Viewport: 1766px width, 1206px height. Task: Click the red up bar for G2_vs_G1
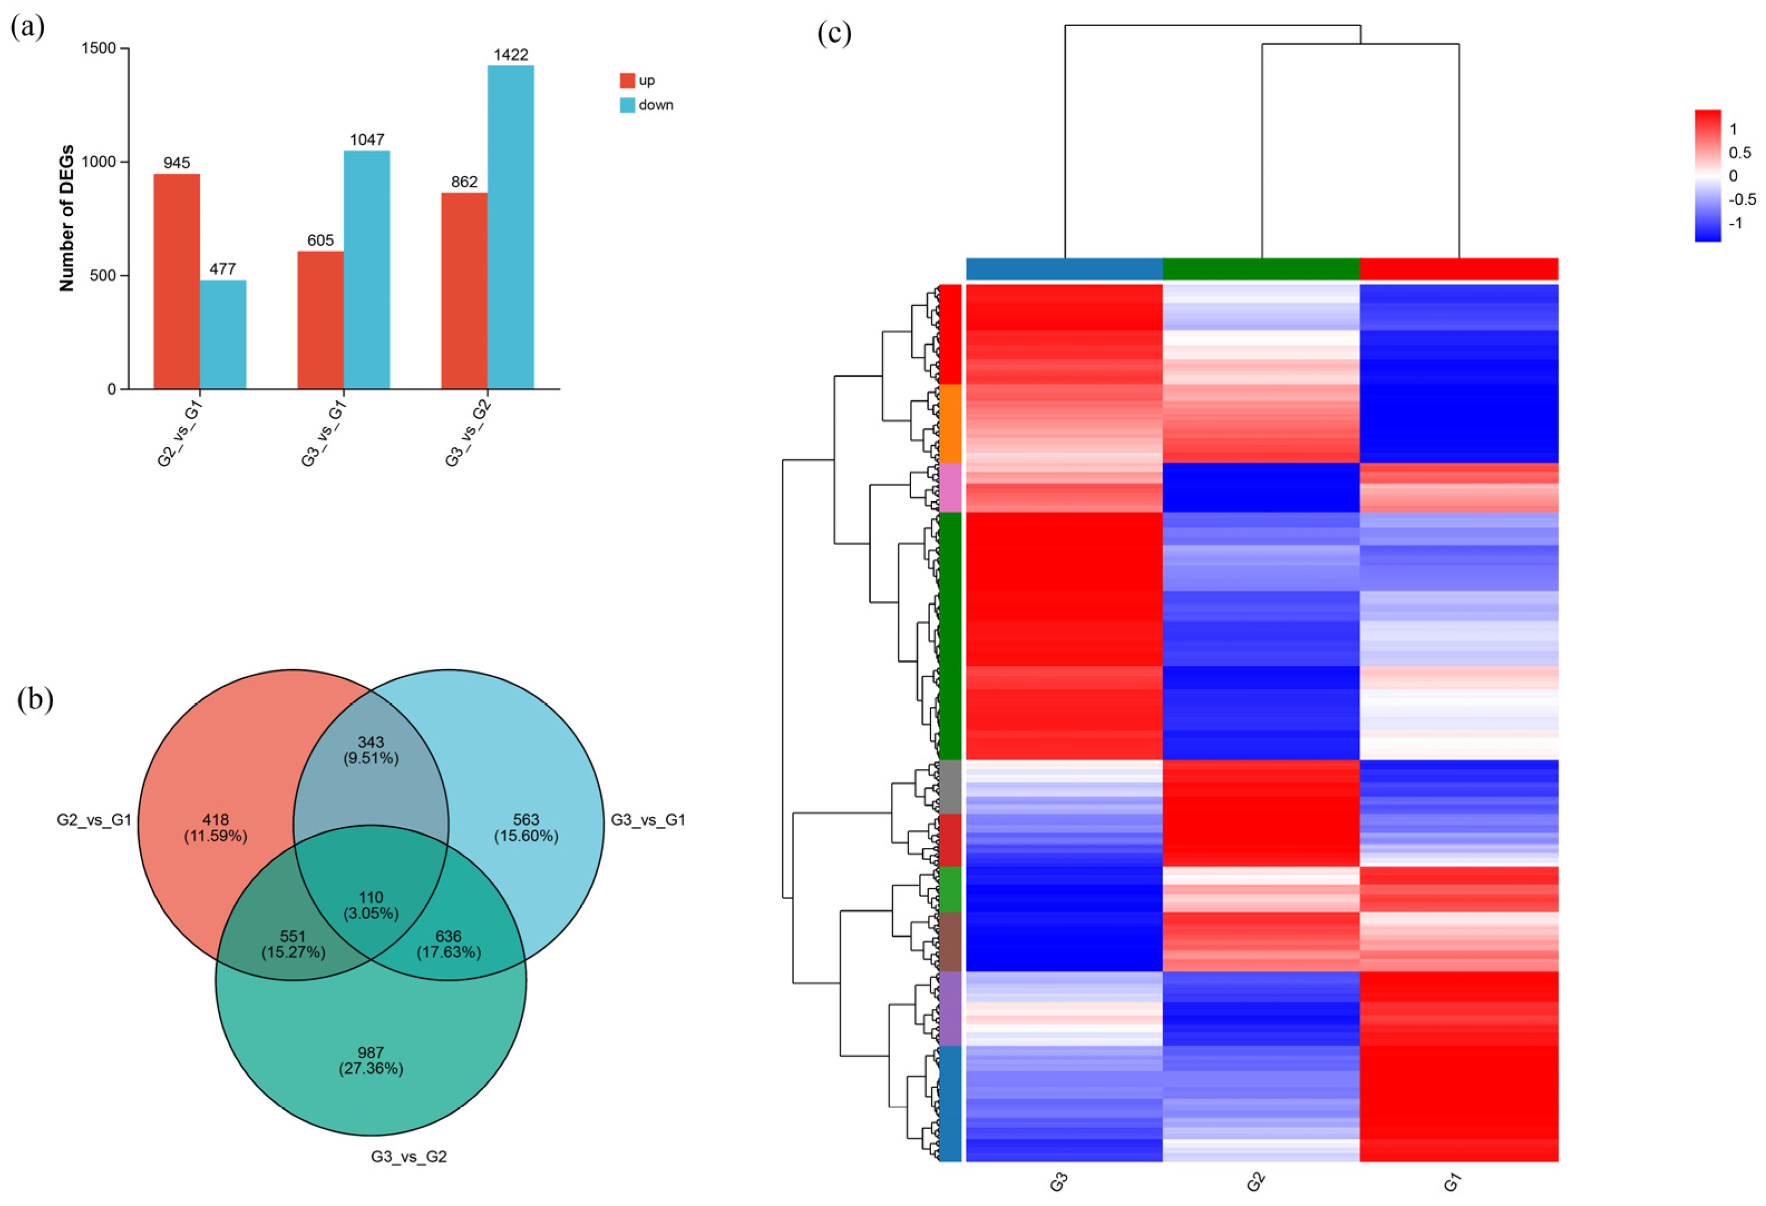click(x=177, y=281)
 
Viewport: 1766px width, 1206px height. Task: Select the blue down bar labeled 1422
click(x=510, y=227)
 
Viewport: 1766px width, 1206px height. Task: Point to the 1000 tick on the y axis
click(x=98, y=162)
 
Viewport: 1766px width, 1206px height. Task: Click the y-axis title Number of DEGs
click(x=67, y=218)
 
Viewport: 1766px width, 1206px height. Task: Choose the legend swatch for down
click(x=627, y=105)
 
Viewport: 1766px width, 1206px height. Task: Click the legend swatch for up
click(x=627, y=81)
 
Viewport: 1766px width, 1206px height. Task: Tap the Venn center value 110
click(x=371, y=898)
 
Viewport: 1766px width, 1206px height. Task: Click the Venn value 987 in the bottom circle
click(x=371, y=1052)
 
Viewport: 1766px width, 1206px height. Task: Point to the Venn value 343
click(x=371, y=742)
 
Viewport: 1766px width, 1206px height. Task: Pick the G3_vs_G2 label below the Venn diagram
click(x=409, y=1156)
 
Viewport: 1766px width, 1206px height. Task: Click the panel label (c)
click(x=834, y=33)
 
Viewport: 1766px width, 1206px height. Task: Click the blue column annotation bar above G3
click(x=1064, y=269)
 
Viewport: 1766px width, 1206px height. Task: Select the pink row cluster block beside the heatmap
click(x=951, y=487)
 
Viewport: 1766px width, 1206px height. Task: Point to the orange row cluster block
click(x=951, y=423)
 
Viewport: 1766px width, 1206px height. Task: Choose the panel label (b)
click(x=35, y=700)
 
